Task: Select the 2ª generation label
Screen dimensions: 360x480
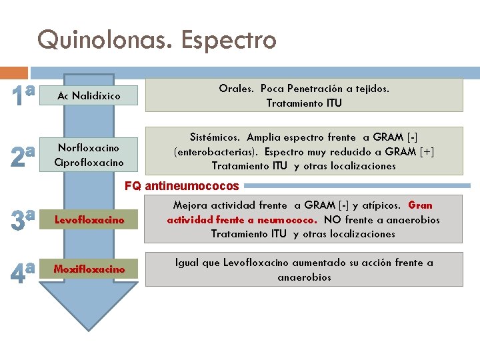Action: coord(22,156)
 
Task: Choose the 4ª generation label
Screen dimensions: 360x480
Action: coord(22,272)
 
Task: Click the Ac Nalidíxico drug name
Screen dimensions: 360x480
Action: coord(89,96)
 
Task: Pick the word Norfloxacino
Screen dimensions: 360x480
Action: coord(89,147)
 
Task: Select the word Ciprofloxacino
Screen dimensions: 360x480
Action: coord(89,162)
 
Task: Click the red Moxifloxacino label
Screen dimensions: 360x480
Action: coord(89,269)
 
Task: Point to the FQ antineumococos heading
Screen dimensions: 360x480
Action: coord(183,186)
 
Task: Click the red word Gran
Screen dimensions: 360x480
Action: coord(420,205)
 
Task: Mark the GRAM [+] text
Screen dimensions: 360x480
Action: coord(411,151)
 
